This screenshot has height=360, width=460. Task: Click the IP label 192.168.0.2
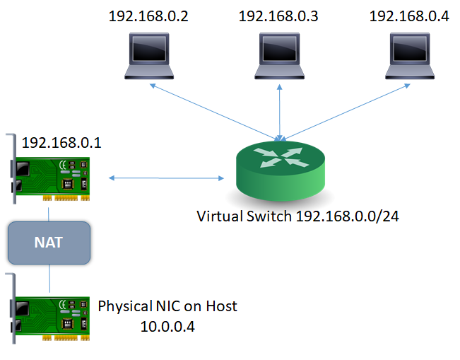tap(148, 16)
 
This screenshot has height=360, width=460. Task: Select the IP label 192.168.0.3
tap(278, 16)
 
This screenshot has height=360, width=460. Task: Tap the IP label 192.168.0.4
tap(408, 16)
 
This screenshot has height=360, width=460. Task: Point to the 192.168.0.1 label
tap(61, 143)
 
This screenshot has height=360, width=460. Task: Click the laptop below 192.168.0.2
tap(148, 56)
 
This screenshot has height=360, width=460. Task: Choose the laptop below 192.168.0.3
tap(281, 56)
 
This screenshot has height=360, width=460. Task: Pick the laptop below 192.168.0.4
tap(411, 56)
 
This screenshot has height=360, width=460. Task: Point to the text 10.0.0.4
tap(167, 327)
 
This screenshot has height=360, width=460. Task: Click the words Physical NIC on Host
tap(167, 306)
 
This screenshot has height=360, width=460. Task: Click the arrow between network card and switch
tap(167, 177)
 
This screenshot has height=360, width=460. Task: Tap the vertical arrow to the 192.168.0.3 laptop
tap(281, 106)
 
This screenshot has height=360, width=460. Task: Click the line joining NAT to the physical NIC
tap(49, 278)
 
